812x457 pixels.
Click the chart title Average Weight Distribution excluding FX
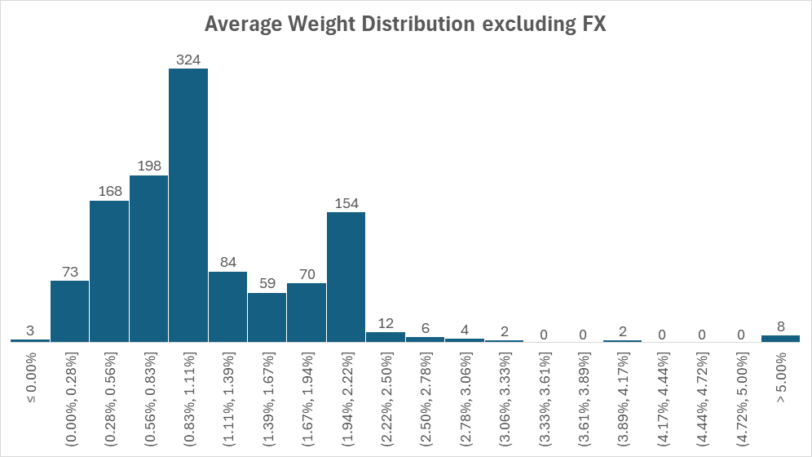pyautogui.click(x=405, y=24)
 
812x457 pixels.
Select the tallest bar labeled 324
pyautogui.click(x=188, y=204)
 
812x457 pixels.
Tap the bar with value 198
pyautogui.click(x=148, y=258)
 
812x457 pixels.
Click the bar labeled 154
pyautogui.click(x=346, y=277)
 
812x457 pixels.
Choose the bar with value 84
pyautogui.click(x=227, y=306)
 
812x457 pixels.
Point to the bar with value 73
pyautogui.click(x=70, y=311)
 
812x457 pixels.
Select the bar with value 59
pyautogui.click(x=267, y=317)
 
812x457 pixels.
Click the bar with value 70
pyautogui.click(x=307, y=312)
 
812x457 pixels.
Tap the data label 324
pyautogui.click(x=188, y=60)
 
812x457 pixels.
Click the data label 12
pyautogui.click(x=386, y=323)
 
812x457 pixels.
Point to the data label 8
pyautogui.click(x=780, y=326)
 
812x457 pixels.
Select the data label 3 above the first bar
pyautogui.click(x=30, y=331)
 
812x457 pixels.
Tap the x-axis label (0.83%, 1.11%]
pyautogui.click(x=188, y=398)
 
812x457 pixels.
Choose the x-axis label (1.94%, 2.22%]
pyautogui.click(x=346, y=398)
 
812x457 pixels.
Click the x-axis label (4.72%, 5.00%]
pyautogui.click(x=741, y=398)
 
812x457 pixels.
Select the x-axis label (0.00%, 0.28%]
pyautogui.click(x=70, y=398)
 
